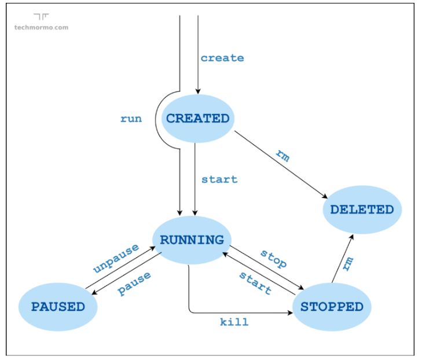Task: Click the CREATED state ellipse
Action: click(x=197, y=119)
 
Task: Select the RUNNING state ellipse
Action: click(x=192, y=240)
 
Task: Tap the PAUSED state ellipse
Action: click(x=57, y=307)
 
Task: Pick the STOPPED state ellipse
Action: click(x=332, y=307)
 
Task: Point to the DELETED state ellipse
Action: click(x=362, y=210)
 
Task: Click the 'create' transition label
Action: click(x=222, y=58)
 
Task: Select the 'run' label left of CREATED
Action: click(x=131, y=119)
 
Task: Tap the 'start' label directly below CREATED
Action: click(x=219, y=179)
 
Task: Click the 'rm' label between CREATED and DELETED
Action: click(x=282, y=156)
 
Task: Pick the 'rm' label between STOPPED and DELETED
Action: click(x=347, y=263)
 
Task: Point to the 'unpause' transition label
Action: click(x=116, y=259)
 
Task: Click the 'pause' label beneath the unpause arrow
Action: click(x=134, y=284)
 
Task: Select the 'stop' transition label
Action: click(x=273, y=259)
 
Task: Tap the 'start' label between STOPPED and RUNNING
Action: click(x=255, y=282)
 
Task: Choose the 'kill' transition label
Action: click(x=234, y=322)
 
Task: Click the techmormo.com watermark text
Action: click(x=41, y=27)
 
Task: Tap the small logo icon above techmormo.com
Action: click(x=41, y=17)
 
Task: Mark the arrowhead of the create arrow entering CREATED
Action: click(x=199, y=91)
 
